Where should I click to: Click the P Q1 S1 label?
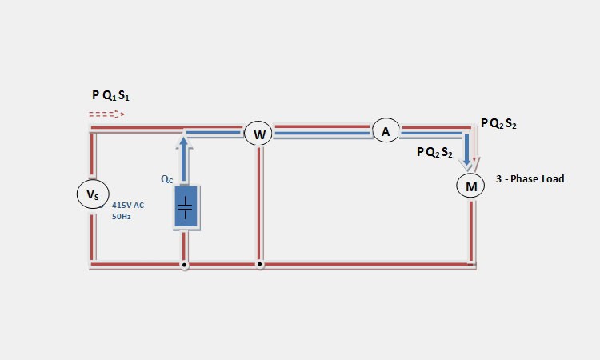[110, 95]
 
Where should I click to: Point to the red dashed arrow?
[107, 114]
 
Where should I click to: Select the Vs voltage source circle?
[92, 194]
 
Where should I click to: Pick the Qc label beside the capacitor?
[166, 180]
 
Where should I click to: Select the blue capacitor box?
[186, 208]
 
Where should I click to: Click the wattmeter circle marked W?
[259, 134]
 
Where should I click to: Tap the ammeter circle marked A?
[386, 131]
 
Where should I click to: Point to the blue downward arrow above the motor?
[467, 152]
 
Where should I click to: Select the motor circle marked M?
[471, 186]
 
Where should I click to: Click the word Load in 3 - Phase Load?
[550, 178]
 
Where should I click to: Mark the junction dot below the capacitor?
[185, 263]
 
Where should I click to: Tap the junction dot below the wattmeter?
[259, 263]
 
